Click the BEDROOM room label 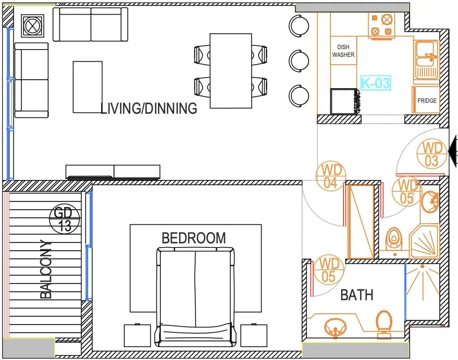click(x=194, y=238)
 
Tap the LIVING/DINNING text click(x=149, y=108)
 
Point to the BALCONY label click(x=45, y=269)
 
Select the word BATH click(x=356, y=295)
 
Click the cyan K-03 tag click(x=375, y=83)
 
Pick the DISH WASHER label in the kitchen click(x=343, y=51)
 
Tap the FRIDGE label click(x=427, y=100)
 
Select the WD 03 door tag click(x=432, y=154)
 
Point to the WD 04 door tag click(x=331, y=176)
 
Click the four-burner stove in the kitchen click(x=381, y=25)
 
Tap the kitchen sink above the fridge click(x=426, y=60)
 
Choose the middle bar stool click(x=298, y=61)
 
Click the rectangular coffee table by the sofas click(x=88, y=87)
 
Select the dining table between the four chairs click(x=231, y=71)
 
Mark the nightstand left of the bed click(x=137, y=335)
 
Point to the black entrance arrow click(x=453, y=152)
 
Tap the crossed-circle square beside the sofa click(x=33, y=26)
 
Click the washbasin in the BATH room click(x=335, y=327)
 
